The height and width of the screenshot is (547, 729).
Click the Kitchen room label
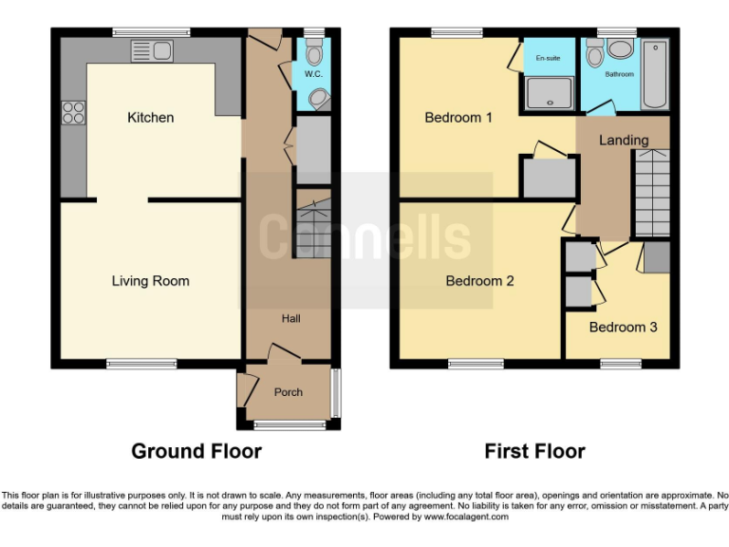(x=151, y=118)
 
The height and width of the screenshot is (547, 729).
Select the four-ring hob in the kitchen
(x=73, y=114)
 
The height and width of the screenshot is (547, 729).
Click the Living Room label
(x=150, y=281)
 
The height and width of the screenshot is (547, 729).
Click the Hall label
(x=290, y=319)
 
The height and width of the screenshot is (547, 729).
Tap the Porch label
(x=288, y=392)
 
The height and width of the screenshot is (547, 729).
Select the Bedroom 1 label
(x=458, y=119)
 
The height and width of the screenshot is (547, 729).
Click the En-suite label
(x=548, y=59)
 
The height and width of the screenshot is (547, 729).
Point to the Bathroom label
(x=619, y=74)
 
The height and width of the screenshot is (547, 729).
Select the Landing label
(x=624, y=141)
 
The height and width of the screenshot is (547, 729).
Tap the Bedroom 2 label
(x=479, y=281)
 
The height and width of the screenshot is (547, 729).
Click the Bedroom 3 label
(x=623, y=328)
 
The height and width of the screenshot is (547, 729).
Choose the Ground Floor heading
(x=196, y=451)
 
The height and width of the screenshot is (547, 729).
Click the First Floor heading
(x=534, y=451)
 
